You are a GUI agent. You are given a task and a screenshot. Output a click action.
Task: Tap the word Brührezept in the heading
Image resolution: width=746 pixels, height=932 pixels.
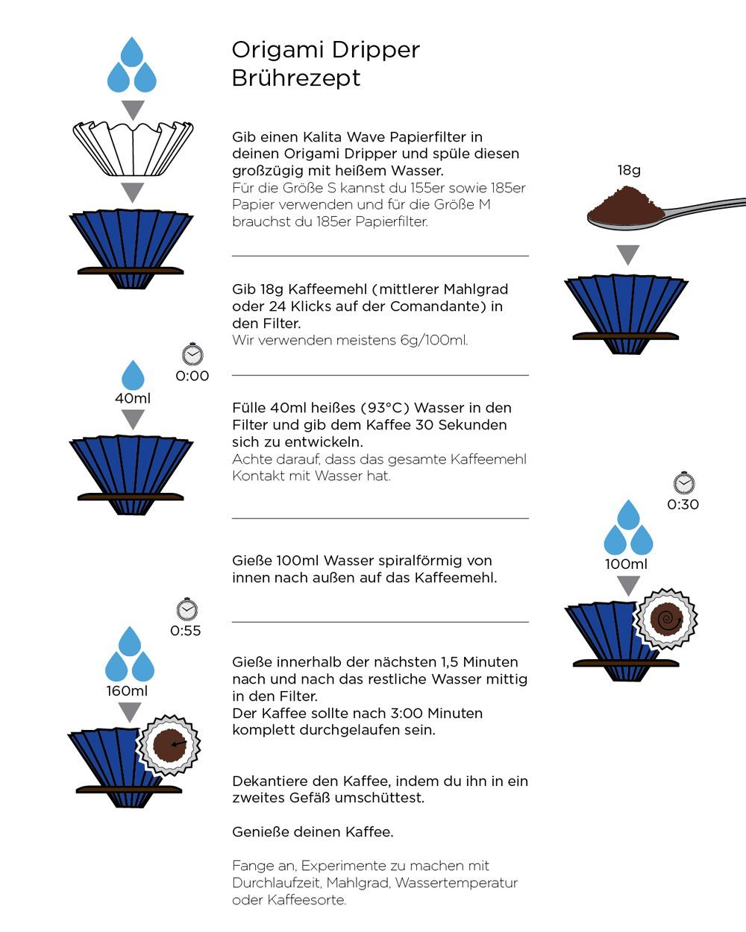[x=296, y=78]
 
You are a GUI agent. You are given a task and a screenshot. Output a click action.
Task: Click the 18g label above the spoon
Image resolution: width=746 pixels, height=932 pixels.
[x=629, y=170]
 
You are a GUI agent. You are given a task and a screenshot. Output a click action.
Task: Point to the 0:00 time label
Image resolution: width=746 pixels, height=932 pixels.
[x=192, y=376]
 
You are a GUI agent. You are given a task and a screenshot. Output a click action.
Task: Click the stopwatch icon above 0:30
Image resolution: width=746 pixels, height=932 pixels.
[x=683, y=483]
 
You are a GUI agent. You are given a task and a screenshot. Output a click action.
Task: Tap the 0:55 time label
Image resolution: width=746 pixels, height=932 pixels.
[x=186, y=631]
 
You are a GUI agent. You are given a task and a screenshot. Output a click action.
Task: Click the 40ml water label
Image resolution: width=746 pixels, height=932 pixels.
[x=133, y=398]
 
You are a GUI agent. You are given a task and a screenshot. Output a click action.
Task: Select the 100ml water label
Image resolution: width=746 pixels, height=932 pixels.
[x=627, y=564]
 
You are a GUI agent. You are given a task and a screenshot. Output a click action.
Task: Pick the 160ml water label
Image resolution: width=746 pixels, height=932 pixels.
[x=127, y=690]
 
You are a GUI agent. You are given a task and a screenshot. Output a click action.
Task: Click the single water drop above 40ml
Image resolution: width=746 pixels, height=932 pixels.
[x=133, y=375]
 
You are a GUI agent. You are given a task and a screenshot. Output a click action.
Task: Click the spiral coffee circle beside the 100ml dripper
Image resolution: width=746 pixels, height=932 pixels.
[x=665, y=619]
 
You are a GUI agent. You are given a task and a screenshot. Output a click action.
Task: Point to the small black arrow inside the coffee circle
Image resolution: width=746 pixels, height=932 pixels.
[x=178, y=743]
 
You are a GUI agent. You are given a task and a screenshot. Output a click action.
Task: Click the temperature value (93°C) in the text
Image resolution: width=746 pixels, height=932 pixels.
[x=386, y=408]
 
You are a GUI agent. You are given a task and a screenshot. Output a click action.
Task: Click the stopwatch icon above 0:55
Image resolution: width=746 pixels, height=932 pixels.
[x=186, y=609]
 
